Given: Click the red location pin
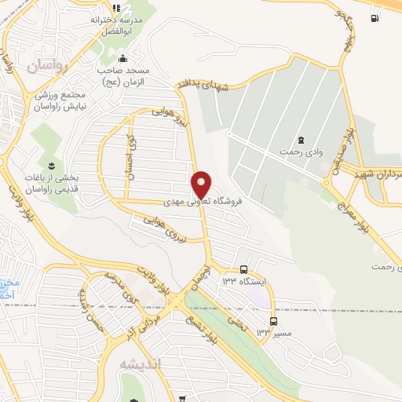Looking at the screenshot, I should pos(202,184).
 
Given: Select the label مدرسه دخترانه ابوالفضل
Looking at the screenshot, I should pos(119,25).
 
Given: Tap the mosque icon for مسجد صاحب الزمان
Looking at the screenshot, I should pos(122,58).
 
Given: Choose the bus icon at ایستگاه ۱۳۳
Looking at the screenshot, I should pos(244,269).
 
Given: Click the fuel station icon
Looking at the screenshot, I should pos(374,18).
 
